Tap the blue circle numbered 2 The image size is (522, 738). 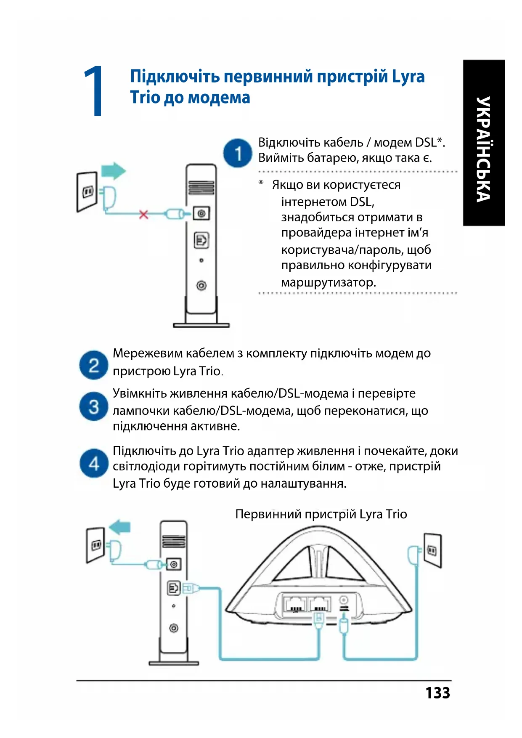point(93,365)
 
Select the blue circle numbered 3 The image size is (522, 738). point(93,406)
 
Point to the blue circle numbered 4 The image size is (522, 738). point(93,463)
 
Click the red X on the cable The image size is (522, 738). point(143,215)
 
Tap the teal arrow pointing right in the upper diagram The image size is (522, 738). point(114,171)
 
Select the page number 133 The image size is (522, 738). point(437,693)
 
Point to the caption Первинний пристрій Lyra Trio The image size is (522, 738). point(321,514)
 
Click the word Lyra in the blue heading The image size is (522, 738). point(408,77)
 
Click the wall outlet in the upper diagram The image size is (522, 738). point(87,192)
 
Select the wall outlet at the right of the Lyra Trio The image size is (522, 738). point(432,550)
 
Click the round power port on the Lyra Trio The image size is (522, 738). point(343,600)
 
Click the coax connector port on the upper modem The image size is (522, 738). point(201,213)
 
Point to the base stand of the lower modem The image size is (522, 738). point(173,663)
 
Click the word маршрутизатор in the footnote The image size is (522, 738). point(328,282)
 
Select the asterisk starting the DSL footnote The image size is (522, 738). point(261,183)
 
